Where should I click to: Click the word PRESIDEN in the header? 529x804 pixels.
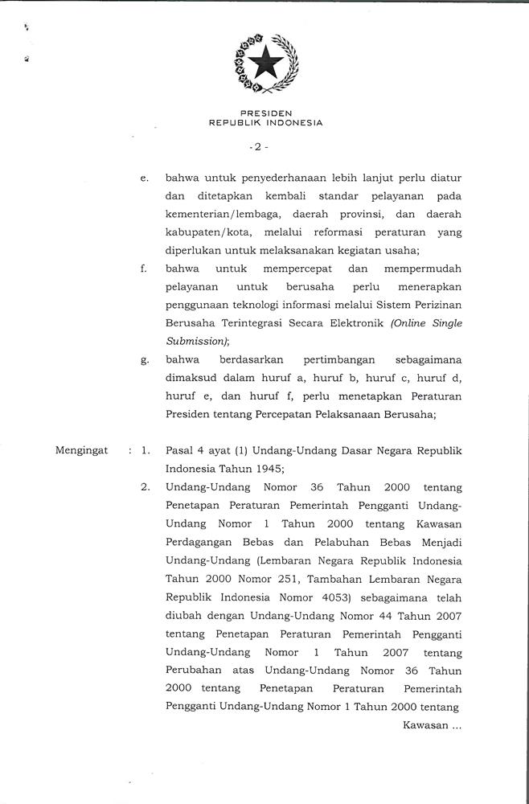click(264, 114)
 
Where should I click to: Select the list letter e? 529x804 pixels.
click(143, 178)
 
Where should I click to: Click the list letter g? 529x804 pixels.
click(143, 362)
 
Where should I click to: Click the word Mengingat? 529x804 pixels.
click(82, 450)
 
